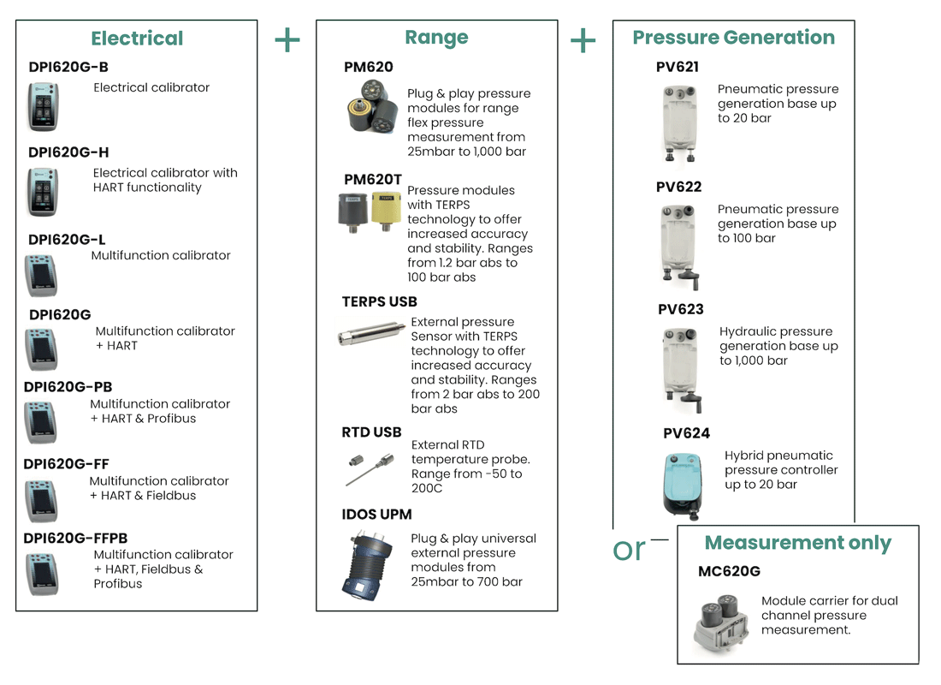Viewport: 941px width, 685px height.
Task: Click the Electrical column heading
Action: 137,39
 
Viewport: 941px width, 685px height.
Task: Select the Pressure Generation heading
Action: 733,38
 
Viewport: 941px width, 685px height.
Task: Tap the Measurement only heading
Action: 797,543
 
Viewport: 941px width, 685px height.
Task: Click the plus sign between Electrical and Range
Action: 287,40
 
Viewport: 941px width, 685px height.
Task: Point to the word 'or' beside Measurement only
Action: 629,550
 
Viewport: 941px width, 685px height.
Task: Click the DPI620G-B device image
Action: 43,107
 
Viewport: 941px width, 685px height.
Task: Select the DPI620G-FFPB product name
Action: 75,538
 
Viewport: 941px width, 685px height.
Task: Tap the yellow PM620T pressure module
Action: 387,211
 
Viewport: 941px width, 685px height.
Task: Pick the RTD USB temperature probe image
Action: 370,469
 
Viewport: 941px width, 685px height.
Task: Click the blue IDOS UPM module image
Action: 367,565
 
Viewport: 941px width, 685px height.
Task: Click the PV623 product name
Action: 681,309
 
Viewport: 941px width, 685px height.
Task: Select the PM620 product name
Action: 369,67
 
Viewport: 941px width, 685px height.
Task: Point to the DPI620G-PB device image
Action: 41,422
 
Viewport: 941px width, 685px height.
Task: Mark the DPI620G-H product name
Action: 68,152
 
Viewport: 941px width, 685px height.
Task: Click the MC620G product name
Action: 729,571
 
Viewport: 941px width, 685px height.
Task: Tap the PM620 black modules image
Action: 373,107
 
